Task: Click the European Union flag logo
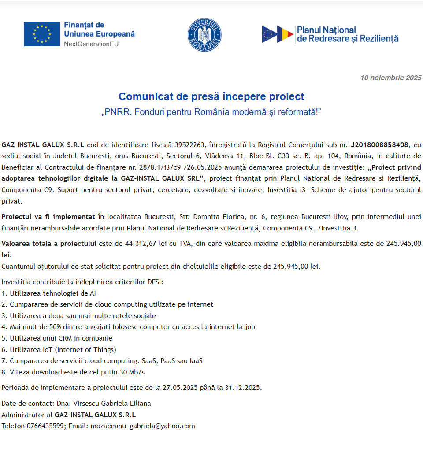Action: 42,34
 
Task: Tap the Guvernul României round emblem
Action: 204,34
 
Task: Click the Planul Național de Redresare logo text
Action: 348,34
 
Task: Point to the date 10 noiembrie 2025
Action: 391,78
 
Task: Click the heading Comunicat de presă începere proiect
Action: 211,96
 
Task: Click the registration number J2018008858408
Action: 380,145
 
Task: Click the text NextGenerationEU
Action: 91,44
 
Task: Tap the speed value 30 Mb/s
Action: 132,372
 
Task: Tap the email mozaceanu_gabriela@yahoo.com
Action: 142,426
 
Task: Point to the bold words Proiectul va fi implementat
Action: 48,217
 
